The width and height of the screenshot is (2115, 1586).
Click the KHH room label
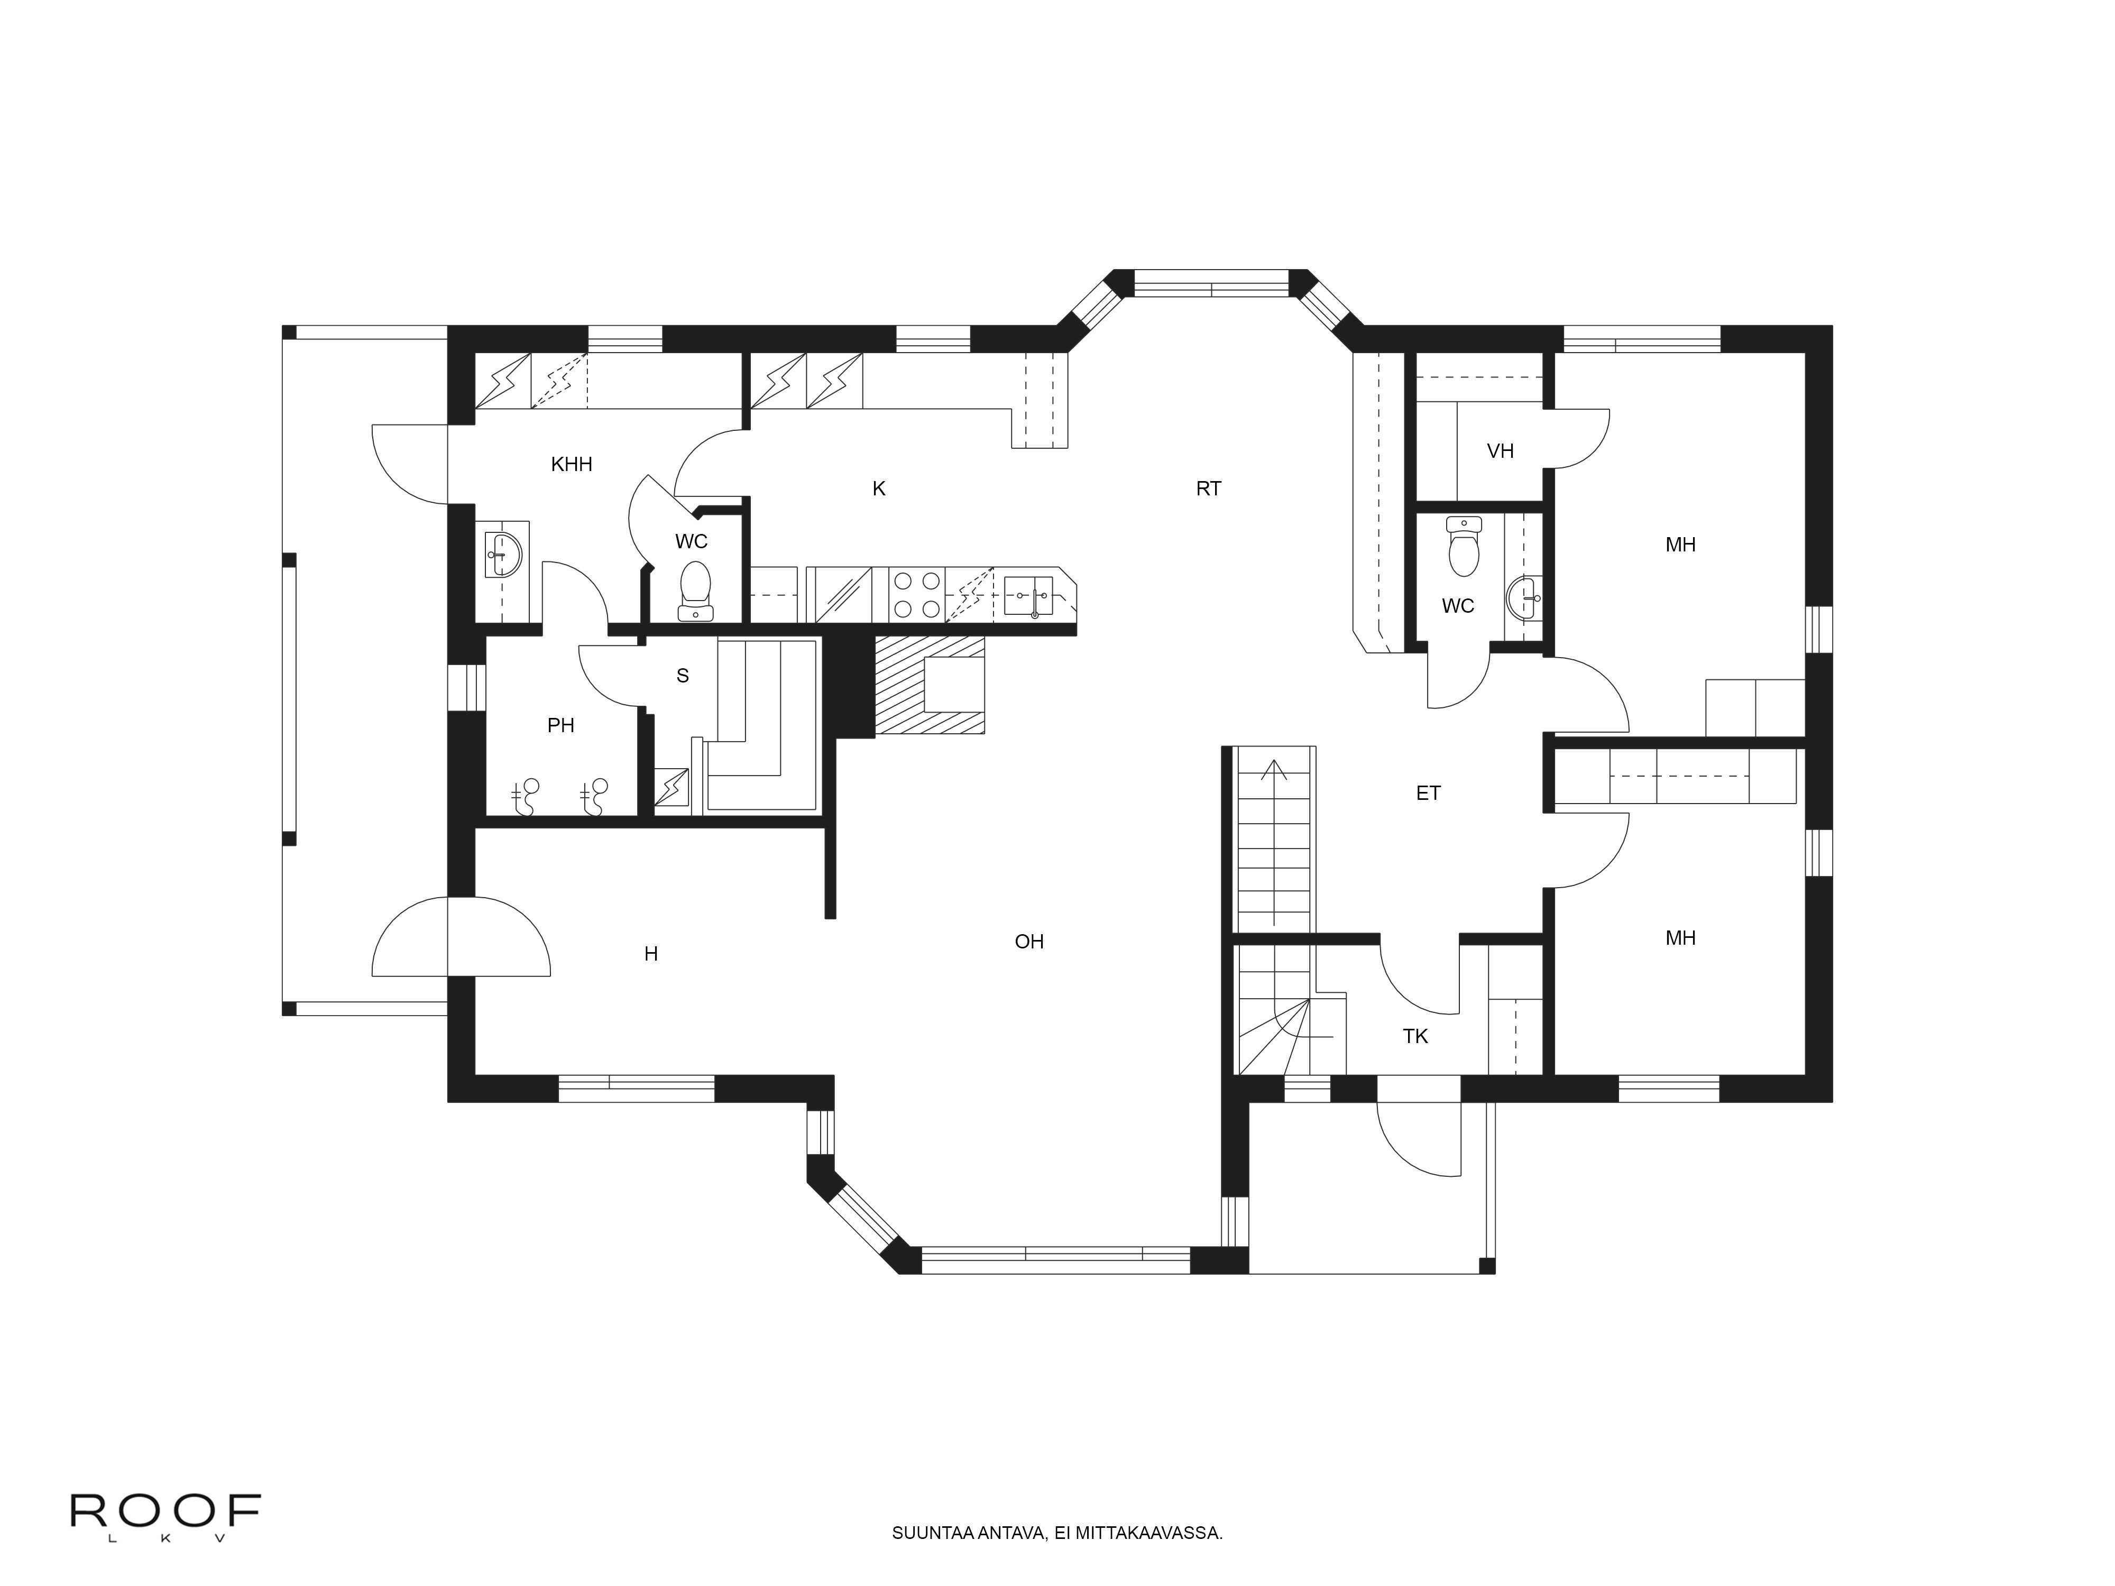coord(572,465)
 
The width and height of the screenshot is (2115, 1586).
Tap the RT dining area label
coord(1209,488)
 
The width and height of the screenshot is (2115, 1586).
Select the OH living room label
coord(1029,942)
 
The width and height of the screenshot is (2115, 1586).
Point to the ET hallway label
coord(1429,792)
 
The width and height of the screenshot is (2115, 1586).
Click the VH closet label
coord(1500,451)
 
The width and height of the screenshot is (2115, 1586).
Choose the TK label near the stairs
coord(1415,1036)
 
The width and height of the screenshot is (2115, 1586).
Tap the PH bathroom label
coord(560,726)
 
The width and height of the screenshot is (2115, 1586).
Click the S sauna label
coord(683,676)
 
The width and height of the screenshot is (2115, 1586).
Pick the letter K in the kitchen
coord(879,488)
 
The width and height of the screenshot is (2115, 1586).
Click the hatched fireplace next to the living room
coord(930,686)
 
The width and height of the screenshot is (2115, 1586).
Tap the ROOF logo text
coord(165,1511)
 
